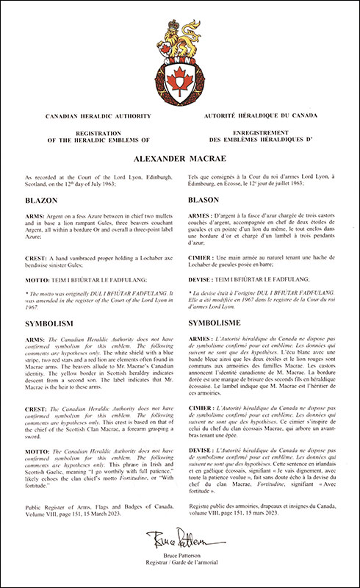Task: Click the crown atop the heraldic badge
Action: (x=180, y=33)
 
